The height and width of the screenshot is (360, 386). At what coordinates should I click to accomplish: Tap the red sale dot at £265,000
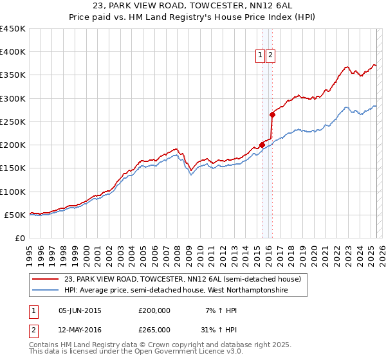[273, 115]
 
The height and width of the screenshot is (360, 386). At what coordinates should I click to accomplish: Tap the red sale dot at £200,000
[262, 145]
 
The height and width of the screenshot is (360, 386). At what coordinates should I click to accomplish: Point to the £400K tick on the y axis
[13, 52]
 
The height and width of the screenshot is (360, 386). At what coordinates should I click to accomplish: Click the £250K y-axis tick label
[13, 122]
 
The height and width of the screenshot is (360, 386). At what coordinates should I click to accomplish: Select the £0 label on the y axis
[19, 238]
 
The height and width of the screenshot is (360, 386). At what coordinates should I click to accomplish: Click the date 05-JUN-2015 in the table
[80, 310]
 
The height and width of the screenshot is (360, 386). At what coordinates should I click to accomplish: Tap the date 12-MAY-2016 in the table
[80, 329]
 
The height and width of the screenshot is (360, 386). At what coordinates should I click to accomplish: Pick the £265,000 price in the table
[154, 329]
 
